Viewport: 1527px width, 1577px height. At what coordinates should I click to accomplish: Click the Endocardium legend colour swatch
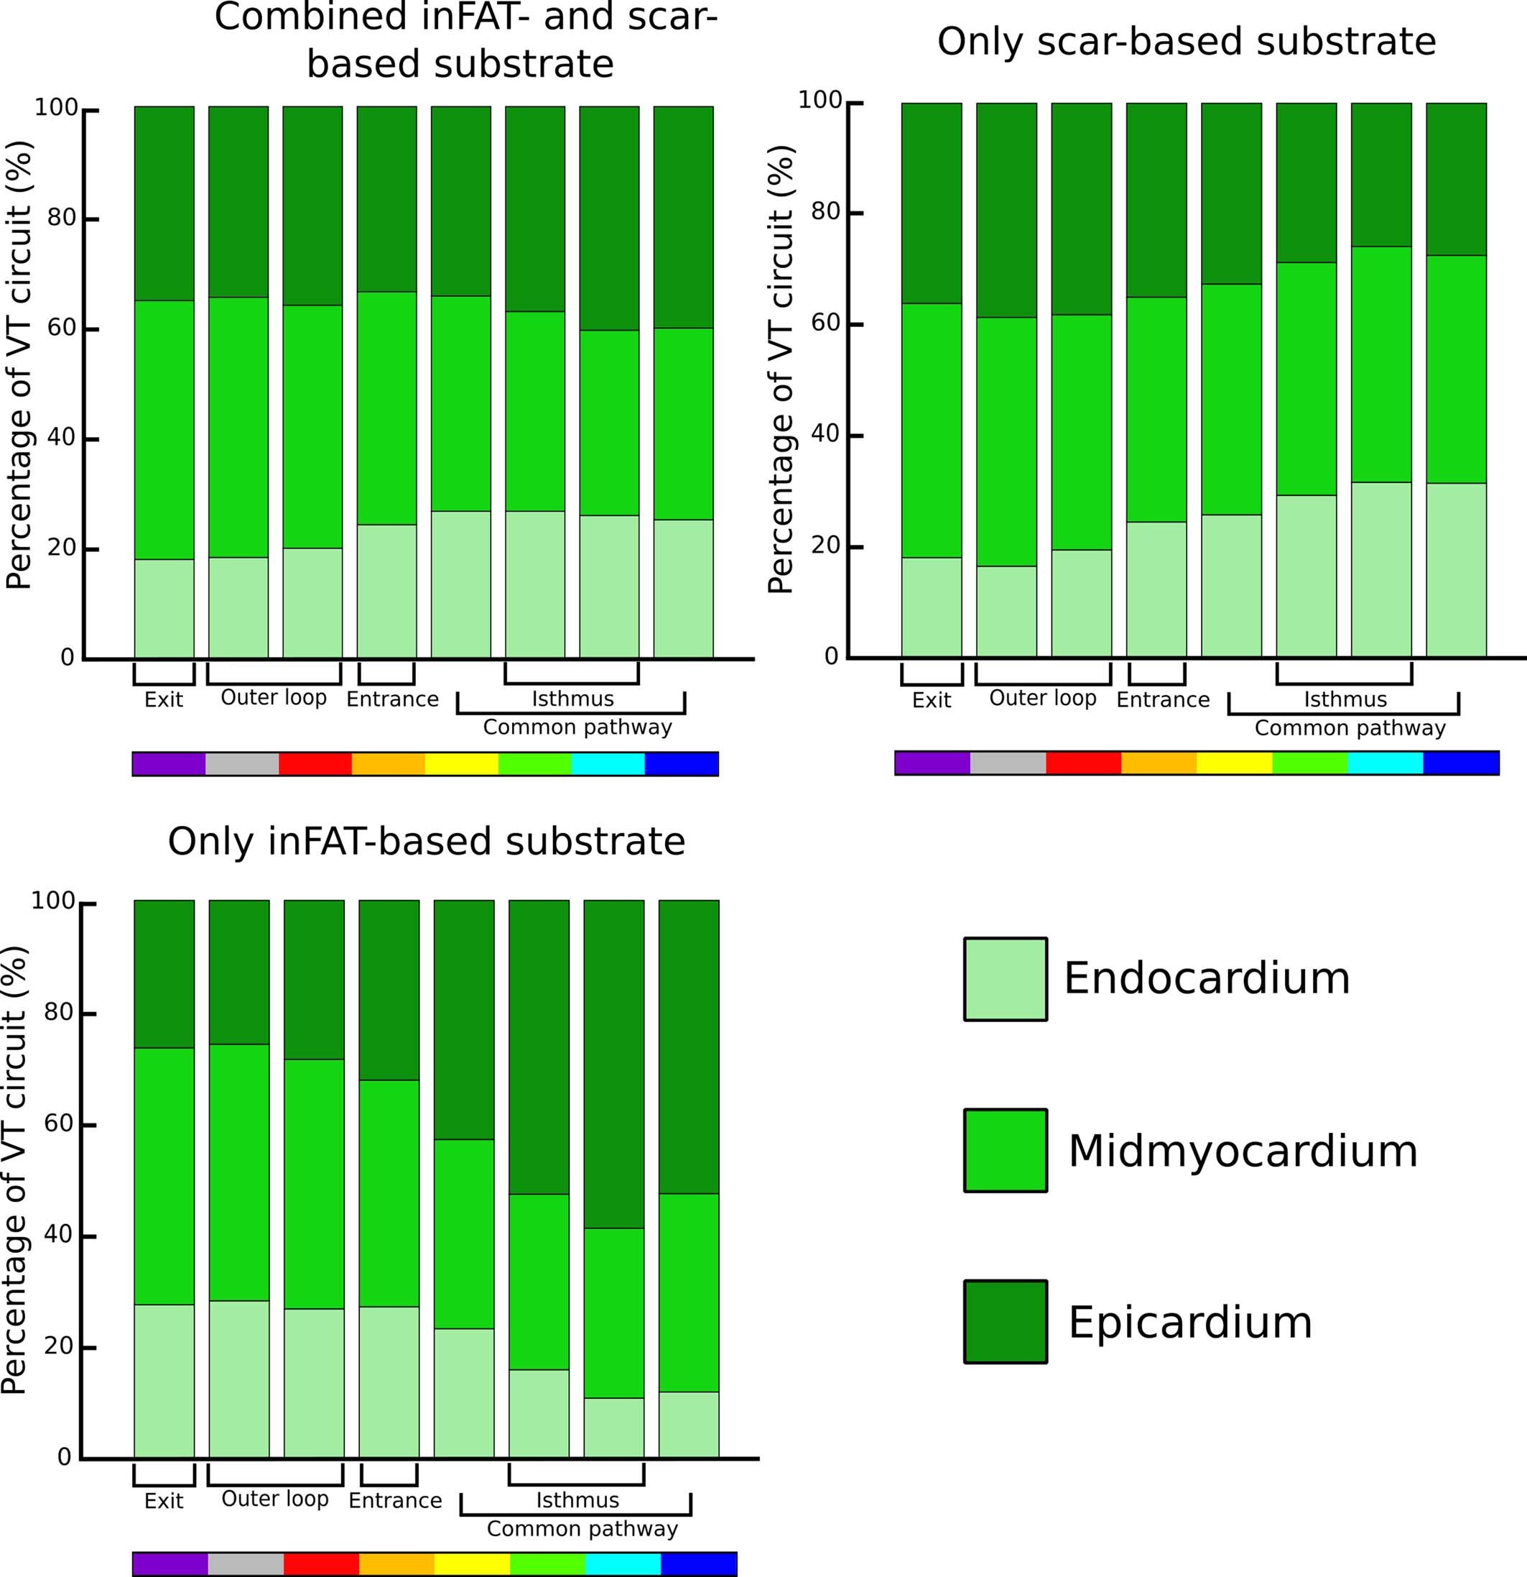click(x=1005, y=978)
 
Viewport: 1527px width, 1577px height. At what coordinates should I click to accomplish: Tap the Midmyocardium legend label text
click(x=1243, y=1151)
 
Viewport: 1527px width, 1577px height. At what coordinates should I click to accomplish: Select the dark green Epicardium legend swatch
click(x=1005, y=1322)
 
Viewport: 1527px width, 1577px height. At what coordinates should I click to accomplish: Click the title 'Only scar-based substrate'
click(x=1186, y=42)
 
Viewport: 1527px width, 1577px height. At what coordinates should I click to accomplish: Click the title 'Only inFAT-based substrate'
click(x=426, y=842)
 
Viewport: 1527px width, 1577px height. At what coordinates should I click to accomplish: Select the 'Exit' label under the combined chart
click(x=163, y=700)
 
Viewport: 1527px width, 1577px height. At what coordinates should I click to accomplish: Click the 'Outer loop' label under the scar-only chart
click(x=1042, y=699)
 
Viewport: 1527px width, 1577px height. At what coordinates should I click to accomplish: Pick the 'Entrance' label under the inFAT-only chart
click(x=395, y=1501)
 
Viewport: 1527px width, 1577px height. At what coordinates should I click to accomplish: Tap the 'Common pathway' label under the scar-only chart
click(x=1350, y=728)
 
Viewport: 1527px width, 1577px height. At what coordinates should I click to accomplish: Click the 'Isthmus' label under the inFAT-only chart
click(x=577, y=1500)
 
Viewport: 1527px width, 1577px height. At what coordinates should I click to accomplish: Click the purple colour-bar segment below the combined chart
click(x=168, y=763)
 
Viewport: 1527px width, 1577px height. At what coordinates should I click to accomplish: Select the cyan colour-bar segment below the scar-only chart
click(x=1385, y=763)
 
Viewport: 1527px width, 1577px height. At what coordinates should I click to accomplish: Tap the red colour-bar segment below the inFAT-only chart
click(x=321, y=1564)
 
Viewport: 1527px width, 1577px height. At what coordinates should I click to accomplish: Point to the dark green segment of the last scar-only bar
click(x=1455, y=179)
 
